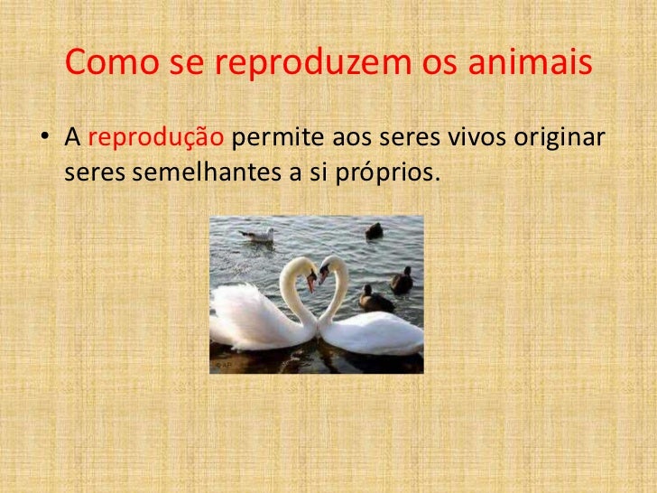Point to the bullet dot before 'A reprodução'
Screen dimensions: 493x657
click(42, 140)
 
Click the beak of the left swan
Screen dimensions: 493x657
click(310, 281)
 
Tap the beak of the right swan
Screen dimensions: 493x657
click(323, 275)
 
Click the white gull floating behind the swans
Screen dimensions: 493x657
click(259, 235)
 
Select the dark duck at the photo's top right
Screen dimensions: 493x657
click(374, 231)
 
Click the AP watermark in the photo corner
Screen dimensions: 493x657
click(222, 366)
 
